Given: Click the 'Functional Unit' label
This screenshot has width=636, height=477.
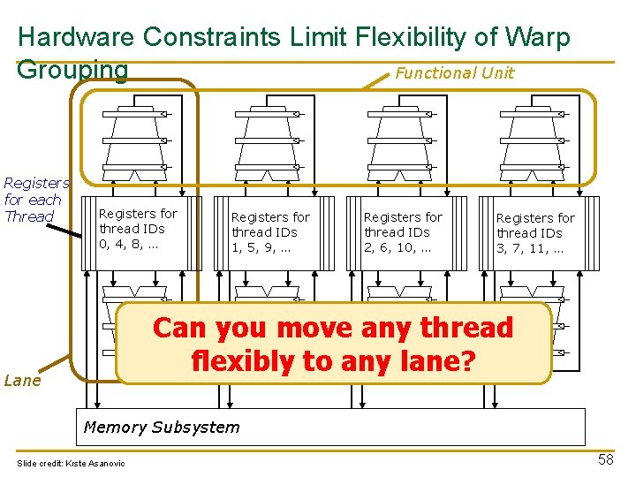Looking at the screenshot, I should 454,73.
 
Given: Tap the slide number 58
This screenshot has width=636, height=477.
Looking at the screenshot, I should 606,460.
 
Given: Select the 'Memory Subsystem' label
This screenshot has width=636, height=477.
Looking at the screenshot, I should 161,428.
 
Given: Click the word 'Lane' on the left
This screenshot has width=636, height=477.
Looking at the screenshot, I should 22,381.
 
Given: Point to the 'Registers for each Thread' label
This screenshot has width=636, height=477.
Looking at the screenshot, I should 36,200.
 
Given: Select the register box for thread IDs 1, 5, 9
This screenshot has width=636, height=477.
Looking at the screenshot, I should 270,232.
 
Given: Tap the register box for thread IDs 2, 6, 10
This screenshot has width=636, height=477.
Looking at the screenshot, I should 403,232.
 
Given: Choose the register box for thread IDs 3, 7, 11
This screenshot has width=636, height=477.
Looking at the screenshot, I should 535,233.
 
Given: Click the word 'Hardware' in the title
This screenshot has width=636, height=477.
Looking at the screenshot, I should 76,37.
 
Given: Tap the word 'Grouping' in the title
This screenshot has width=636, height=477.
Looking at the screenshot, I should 72,69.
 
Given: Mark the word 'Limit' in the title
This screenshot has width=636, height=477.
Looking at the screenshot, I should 323,37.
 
